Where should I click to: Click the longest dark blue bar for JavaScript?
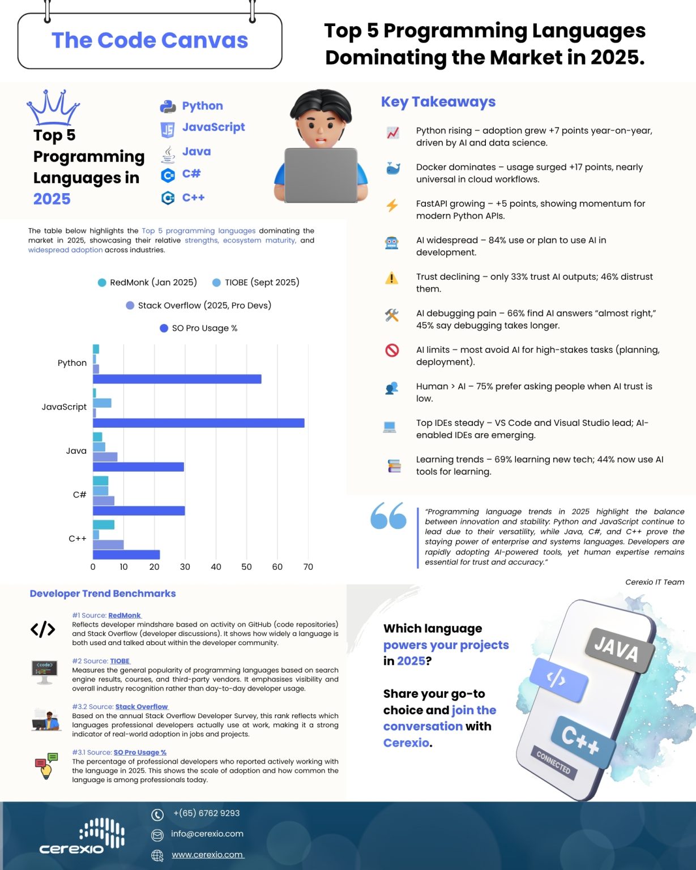click(x=198, y=423)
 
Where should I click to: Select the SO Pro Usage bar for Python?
click(x=177, y=379)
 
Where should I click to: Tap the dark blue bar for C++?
click(x=126, y=555)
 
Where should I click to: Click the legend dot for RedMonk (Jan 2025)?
click(x=102, y=283)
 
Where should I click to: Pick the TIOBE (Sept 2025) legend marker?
click(x=216, y=283)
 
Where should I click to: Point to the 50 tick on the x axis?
click(x=246, y=567)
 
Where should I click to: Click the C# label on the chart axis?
click(x=79, y=494)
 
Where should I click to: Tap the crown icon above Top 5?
click(x=53, y=107)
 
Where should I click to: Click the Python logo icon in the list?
click(x=168, y=106)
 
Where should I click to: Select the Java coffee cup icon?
click(x=168, y=153)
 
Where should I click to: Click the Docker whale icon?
click(x=392, y=168)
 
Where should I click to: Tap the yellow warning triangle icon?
click(x=391, y=278)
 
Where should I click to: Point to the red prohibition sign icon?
click(x=392, y=351)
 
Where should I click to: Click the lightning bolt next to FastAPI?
click(x=392, y=205)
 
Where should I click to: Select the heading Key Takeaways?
click(x=438, y=102)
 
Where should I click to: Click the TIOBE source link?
click(x=119, y=661)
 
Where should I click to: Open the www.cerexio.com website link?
click(x=207, y=855)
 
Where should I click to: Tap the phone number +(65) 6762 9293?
click(x=206, y=813)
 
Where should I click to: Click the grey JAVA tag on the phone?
click(x=617, y=649)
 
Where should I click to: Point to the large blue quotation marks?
click(x=388, y=515)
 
